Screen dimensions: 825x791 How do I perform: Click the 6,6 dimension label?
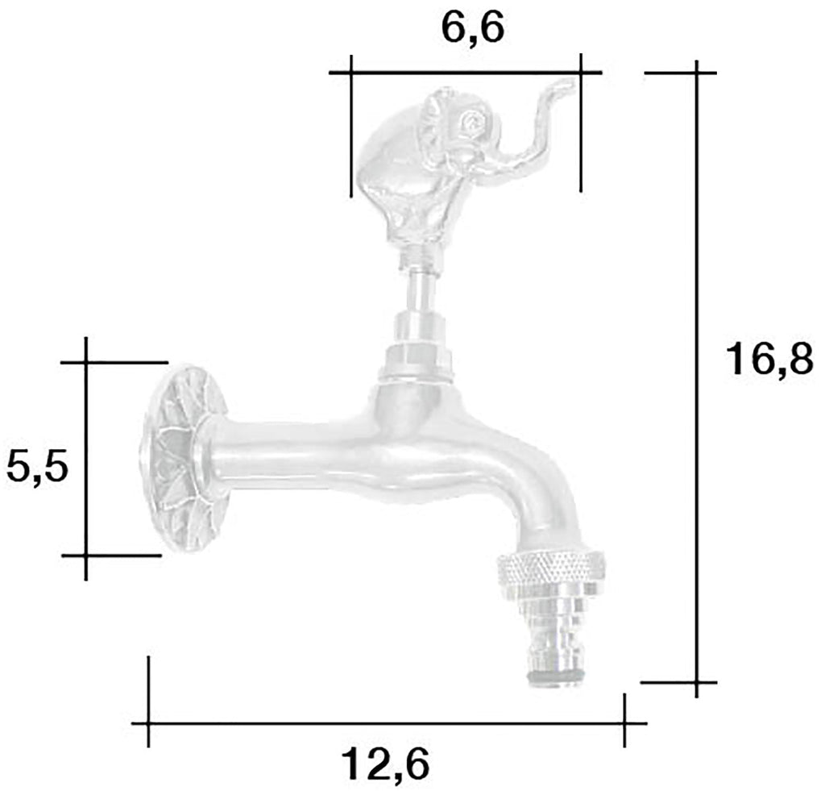472,31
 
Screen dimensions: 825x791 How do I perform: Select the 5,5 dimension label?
37,468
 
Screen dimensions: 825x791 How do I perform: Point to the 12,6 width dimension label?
386,764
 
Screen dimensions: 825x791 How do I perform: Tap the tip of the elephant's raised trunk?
570,83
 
